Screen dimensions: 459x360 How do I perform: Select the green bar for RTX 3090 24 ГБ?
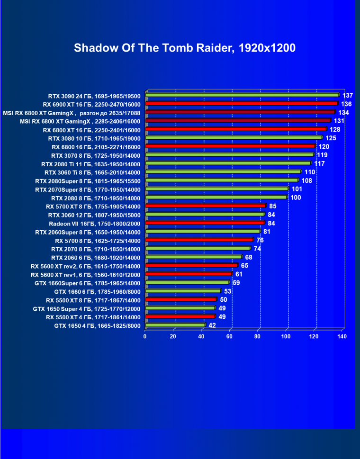point(242,95)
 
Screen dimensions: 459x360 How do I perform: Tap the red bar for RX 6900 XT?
point(241,103)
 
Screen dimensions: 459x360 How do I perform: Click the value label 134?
point(343,112)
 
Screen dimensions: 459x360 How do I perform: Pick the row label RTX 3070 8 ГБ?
point(96,155)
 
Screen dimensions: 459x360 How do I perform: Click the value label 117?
point(319,163)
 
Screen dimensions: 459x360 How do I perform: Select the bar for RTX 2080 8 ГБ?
point(216,197)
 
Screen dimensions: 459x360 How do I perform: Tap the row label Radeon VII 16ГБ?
point(95,223)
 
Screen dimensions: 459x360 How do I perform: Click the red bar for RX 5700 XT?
point(206,206)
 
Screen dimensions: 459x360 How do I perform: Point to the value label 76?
point(260,240)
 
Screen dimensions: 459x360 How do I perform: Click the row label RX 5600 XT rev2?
point(85,266)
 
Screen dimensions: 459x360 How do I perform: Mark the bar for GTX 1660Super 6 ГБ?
point(187,283)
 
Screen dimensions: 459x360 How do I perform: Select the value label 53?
point(227,291)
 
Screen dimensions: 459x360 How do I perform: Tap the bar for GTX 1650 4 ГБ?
point(175,325)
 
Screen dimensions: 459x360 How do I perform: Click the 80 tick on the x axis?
point(258,336)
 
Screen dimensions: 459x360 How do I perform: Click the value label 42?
point(212,325)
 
